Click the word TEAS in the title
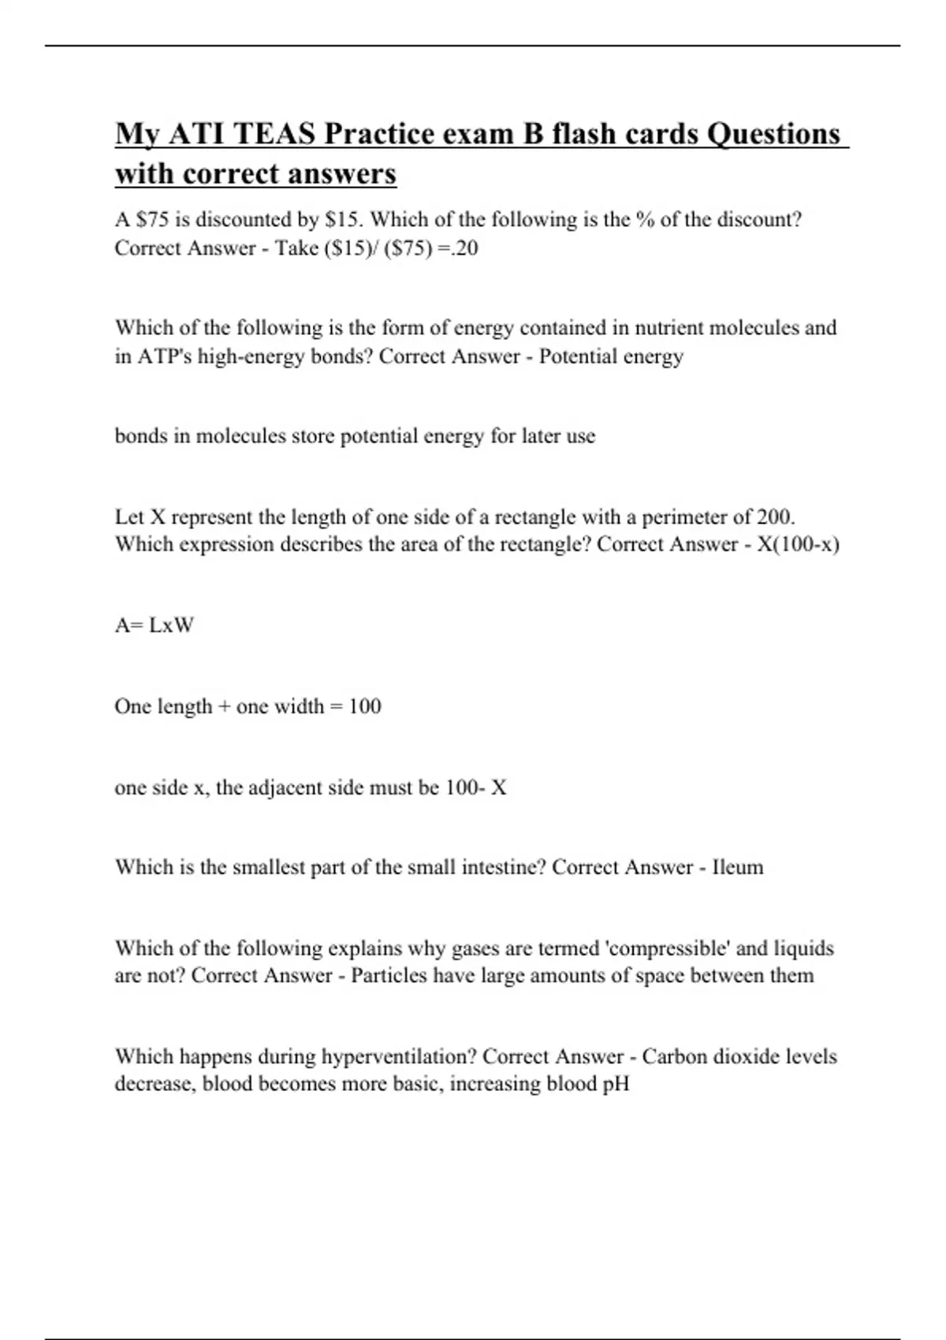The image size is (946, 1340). (274, 134)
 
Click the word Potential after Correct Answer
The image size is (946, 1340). (578, 356)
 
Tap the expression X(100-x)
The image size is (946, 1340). (798, 545)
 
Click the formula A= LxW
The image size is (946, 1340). (155, 626)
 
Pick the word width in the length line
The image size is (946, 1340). (299, 706)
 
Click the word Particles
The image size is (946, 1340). (389, 976)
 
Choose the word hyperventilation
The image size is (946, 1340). (399, 1057)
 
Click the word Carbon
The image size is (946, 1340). (674, 1056)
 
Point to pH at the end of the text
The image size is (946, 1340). (616, 1085)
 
